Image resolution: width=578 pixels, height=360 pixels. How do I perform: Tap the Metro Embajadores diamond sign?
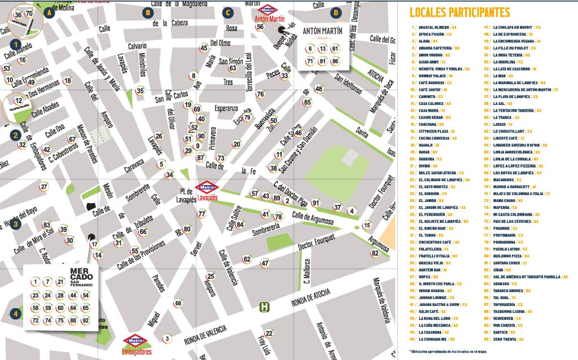(135, 341)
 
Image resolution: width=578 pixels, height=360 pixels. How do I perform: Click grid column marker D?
(336, 12)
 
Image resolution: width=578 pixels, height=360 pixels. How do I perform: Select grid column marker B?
(147, 12)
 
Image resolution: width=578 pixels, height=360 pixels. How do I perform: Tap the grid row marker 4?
(16, 314)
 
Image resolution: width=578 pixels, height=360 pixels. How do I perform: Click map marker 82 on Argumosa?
(375, 253)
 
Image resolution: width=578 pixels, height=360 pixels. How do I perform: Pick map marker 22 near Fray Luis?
(269, 333)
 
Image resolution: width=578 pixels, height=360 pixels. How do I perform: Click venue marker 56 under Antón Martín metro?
(260, 27)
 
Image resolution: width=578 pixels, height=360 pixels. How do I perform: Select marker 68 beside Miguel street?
(178, 304)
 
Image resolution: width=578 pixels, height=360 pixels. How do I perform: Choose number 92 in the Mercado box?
(86, 321)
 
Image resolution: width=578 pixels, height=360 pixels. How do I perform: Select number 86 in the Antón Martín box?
(335, 61)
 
